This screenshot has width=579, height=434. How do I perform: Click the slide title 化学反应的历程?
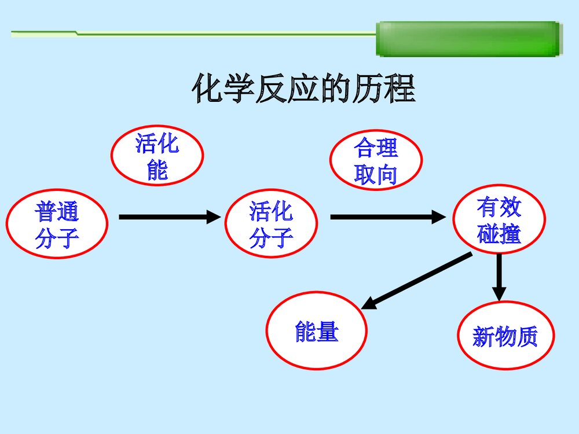point(304,89)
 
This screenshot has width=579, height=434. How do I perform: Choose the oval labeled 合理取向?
point(376,160)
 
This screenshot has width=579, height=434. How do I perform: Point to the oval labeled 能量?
point(316,331)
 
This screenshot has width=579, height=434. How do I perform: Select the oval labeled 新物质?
point(505,336)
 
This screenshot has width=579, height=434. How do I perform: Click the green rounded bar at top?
point(469,39)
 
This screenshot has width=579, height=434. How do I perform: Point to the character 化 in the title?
point(207,89)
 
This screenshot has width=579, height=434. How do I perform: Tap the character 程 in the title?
point(401,89)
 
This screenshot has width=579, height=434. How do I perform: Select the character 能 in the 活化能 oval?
point(157,170)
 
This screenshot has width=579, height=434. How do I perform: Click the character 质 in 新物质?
point(526,336)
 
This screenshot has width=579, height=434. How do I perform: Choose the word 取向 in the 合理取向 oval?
point(376,174)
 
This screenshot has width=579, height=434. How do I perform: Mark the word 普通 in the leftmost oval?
point(57,212)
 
